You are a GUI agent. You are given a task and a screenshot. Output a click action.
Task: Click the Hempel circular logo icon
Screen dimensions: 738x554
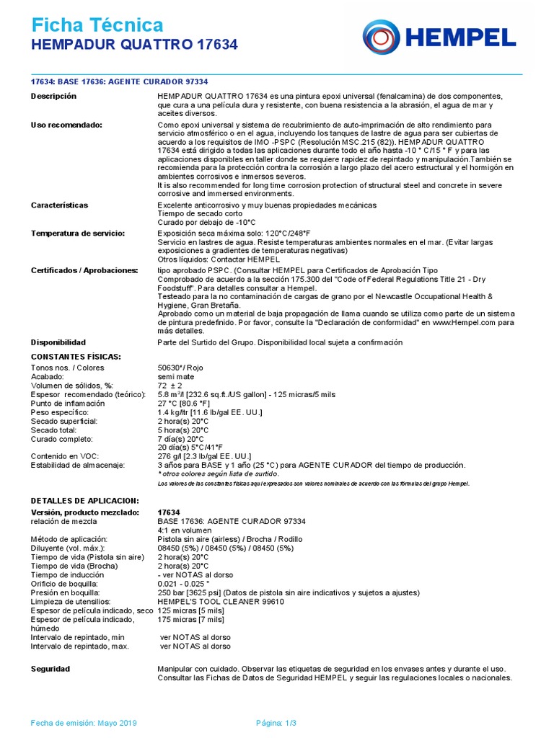(x=382, y=37)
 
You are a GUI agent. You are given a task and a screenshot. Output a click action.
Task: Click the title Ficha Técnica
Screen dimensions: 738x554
(x=97, y=26)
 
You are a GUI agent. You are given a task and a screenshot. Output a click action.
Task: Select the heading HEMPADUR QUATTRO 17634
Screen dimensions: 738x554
(x=134, y=45)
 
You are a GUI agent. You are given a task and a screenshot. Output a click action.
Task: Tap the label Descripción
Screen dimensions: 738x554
(x=53, y=97)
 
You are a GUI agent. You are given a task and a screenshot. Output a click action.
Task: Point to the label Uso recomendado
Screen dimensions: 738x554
(x=66, y=125)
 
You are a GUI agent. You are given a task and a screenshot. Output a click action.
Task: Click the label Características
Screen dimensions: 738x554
(x=59, y=205)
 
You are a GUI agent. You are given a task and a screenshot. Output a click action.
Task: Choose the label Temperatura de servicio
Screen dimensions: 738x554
(x=78, y=234)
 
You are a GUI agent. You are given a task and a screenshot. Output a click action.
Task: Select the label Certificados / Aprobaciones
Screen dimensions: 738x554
(x=84, y=270)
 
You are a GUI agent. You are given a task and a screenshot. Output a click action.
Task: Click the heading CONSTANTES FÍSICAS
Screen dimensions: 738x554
(x=76, y=357)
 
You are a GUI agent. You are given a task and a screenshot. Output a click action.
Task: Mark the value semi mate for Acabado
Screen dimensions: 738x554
(x=175, y=377)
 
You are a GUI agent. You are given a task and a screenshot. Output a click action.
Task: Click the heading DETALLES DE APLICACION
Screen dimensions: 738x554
(x=84, y=500)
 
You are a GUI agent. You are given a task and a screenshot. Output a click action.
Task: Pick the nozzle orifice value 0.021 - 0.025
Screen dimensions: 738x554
(x=188, y=583)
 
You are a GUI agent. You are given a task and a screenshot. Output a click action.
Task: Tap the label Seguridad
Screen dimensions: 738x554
(x=50, y=670)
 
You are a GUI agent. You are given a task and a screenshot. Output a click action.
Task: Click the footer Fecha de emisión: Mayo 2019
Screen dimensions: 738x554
(x=84, y=723)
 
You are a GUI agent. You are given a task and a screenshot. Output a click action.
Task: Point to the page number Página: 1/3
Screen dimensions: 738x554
(x=277, y=723)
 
